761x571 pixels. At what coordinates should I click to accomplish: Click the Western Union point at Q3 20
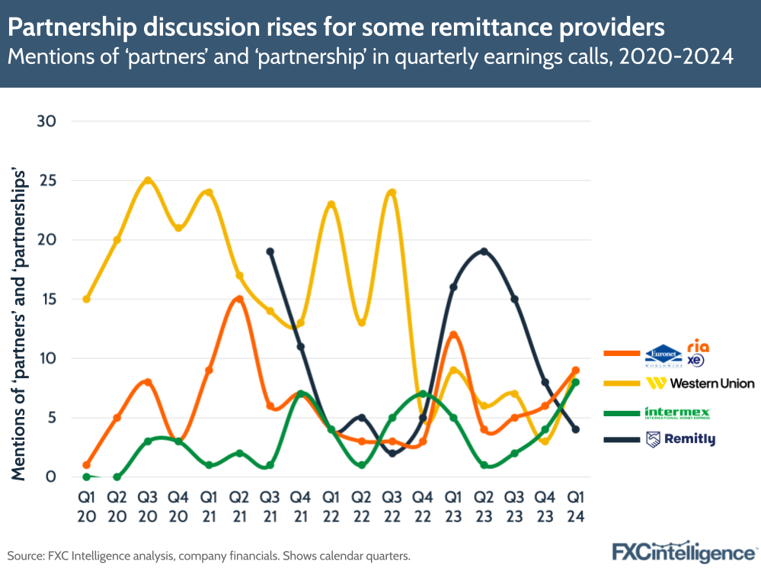[148, 181]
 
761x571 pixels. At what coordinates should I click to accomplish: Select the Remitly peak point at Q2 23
[484, 252]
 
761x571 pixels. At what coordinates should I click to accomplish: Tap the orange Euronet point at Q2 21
[239, 299]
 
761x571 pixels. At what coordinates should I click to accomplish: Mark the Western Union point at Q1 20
[86, 299]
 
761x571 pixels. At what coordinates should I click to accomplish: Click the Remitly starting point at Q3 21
[270, 252]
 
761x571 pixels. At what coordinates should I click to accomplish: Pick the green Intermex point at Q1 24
[576, 382]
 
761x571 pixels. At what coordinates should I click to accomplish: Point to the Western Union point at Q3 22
[392, 192]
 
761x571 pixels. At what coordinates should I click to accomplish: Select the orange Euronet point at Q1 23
[453, 335]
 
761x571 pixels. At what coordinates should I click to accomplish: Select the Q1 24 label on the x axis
[576, 505]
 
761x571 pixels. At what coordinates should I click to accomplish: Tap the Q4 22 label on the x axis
[423, 505]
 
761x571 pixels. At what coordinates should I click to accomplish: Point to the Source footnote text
[209, 556]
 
